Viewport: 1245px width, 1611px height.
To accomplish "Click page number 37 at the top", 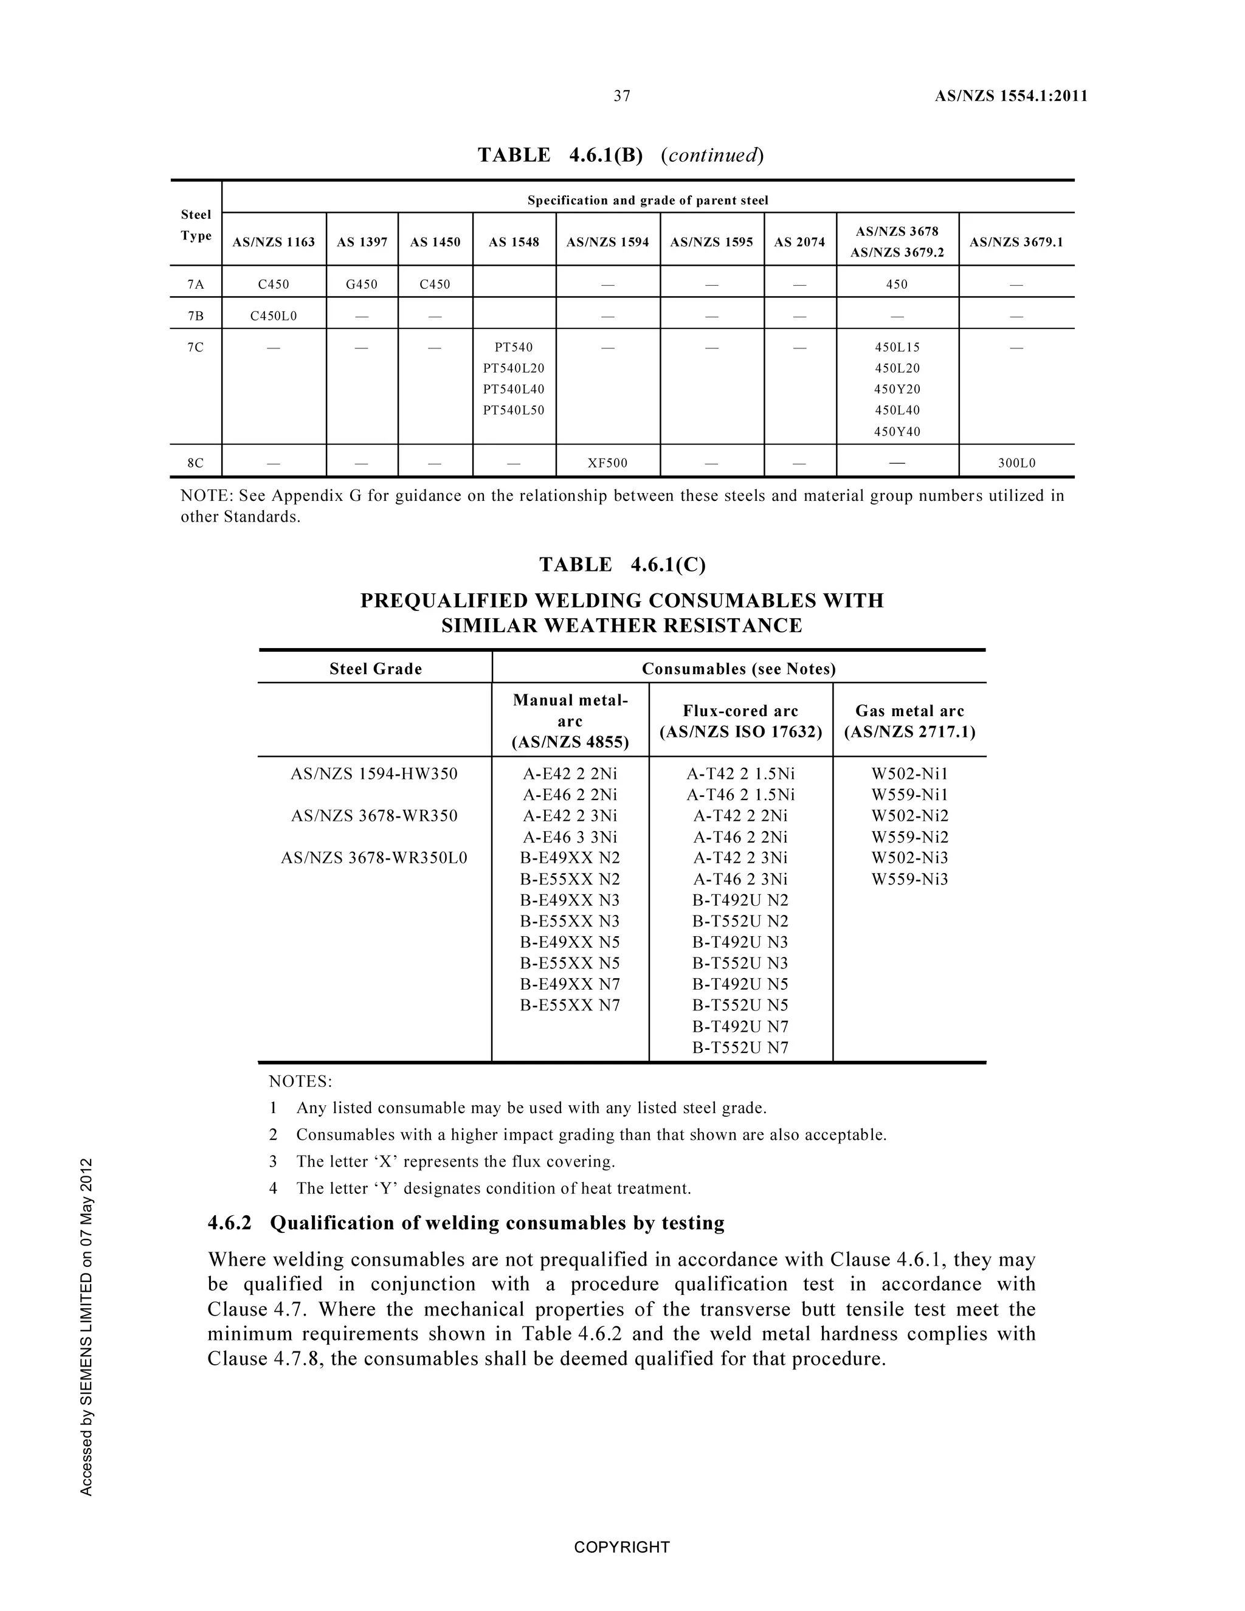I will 622,96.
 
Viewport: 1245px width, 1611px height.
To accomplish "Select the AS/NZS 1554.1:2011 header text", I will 1010,96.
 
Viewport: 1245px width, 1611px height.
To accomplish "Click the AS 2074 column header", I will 799,242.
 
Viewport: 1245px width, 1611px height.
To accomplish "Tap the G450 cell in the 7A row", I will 362,285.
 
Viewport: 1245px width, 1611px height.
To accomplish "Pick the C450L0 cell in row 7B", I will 274,317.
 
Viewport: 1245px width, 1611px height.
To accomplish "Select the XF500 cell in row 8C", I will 607,463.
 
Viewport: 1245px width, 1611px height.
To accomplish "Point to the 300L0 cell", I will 1016,463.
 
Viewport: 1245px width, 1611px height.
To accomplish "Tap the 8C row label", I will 196,463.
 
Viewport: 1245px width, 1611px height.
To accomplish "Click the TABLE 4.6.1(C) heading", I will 622,565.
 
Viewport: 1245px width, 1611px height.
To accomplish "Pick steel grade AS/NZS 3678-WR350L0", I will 374,858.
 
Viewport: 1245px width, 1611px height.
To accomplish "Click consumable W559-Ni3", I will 909,879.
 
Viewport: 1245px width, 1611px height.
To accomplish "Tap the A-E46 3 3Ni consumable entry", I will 570,837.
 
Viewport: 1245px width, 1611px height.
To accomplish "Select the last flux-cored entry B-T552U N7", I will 740,1047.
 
